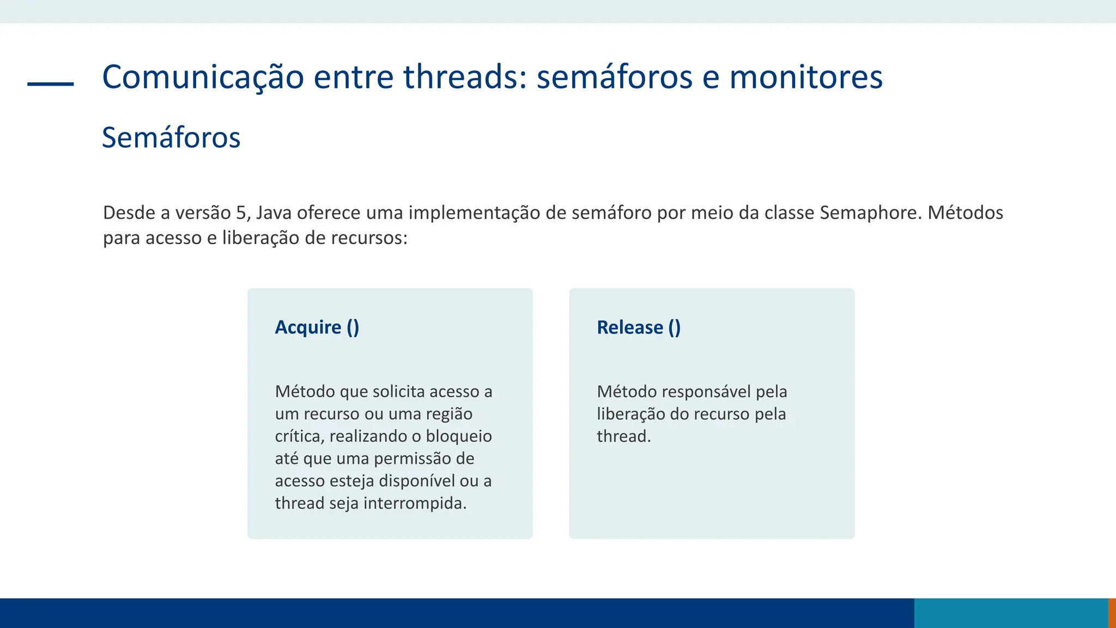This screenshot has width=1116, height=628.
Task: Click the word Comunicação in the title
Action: (203, 77)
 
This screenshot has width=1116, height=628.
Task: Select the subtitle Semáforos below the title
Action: (171, 137)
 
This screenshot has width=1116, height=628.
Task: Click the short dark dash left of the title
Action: (51, 84)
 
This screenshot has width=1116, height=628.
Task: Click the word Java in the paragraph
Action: (274, 213)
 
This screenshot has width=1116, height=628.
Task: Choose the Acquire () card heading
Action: (317, 327)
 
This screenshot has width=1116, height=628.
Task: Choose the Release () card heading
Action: (639, 327)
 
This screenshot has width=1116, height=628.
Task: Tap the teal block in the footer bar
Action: (1011, 613)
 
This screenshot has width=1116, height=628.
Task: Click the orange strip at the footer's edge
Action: (1112, 613)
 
